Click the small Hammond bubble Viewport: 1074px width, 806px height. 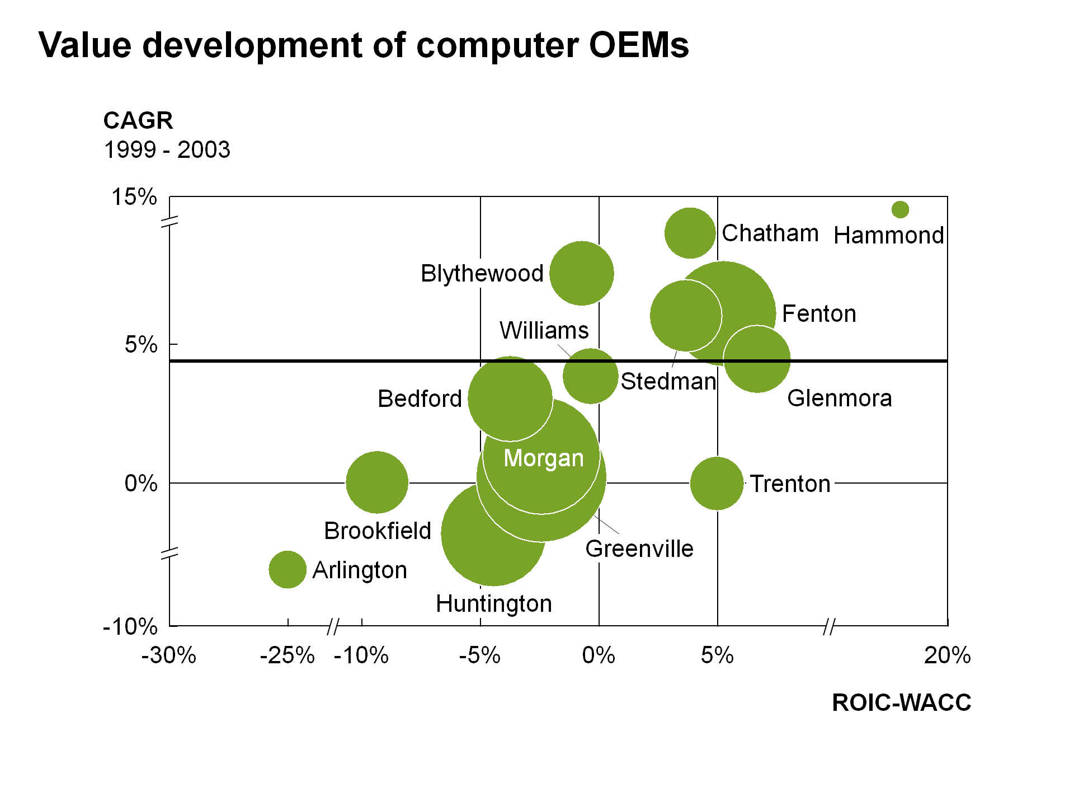click(x=900, y=210)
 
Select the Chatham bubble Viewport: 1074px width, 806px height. click(x=690, y=233)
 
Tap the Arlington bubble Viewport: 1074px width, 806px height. click(x=288, y=570)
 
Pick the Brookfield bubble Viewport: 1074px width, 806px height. click(x=377, y=482)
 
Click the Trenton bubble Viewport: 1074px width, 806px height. click(x=717, y=483)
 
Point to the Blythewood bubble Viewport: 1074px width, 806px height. click(x=582, y=273)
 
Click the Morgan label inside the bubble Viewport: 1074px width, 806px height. click(x=544, y=458)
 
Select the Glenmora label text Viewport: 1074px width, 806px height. click(x=839, y=399)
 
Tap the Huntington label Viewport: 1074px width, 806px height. click(x=494, y=604)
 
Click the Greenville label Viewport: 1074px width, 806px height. click(x=639, y=549)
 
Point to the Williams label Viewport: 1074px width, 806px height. click(x=544, y=330)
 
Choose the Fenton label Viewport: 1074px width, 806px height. click(x=819, y=314)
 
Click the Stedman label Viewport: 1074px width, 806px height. click(x=668, y=381)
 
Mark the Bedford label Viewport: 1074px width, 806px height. click(x=420, y=399)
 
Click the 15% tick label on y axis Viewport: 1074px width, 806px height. click(x=134, y=197)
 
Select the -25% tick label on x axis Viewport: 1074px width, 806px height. click(x=287, y=655)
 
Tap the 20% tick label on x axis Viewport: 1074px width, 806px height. click(x=947, y=655)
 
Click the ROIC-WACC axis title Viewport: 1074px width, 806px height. click(x=901, y=702)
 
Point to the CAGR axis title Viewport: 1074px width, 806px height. click(x=138, y=120)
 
